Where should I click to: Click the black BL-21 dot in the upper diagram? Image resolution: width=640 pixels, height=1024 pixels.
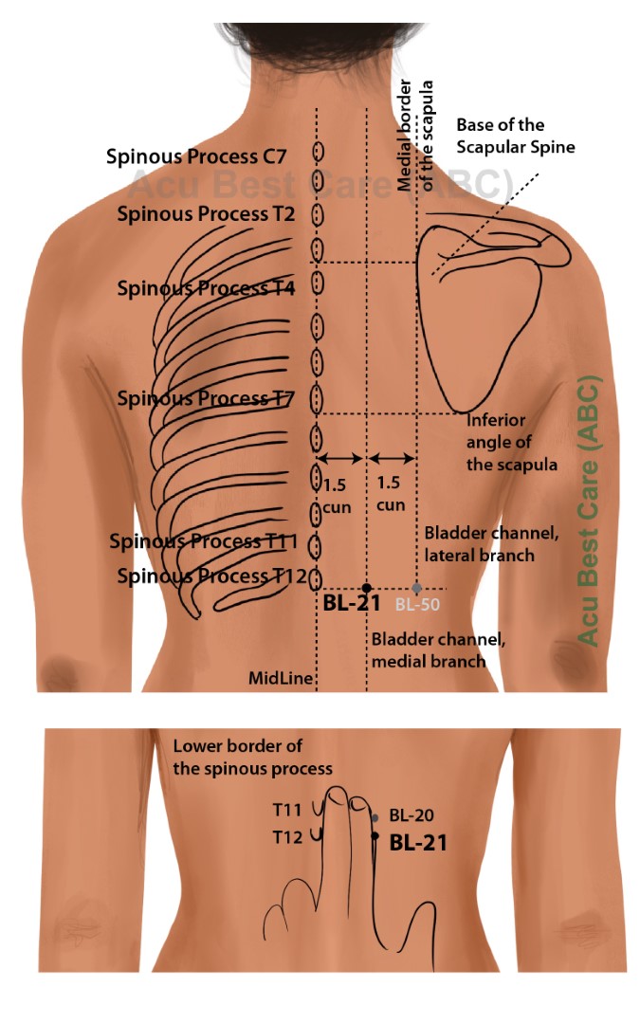pyautogui.click(x=367, y=589)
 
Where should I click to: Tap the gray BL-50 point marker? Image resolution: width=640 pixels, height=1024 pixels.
pyautogui.click(x=416, y=589)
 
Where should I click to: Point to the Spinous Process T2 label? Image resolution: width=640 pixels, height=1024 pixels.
pyautogui.click(x=206, y=213)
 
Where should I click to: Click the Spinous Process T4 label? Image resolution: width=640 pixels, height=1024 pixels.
pyautogui.click(x=206, y=287)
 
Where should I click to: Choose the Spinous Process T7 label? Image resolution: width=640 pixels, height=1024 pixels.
pyautogui.click(x=206, y=398)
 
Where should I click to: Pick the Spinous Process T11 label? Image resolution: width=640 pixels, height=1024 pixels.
pyautogui.click(x=204, y=541)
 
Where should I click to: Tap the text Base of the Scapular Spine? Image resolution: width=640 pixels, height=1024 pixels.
pyautogui.click(x=516, y=136)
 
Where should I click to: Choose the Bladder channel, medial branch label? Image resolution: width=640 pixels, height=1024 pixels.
pyautogui.click(x=438, y=649)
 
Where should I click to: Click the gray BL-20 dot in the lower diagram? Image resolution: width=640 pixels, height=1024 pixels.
pyautogui.click(x=375, y=817)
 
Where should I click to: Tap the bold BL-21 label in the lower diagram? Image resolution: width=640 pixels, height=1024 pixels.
pyautogui.click(x=418, y=841)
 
